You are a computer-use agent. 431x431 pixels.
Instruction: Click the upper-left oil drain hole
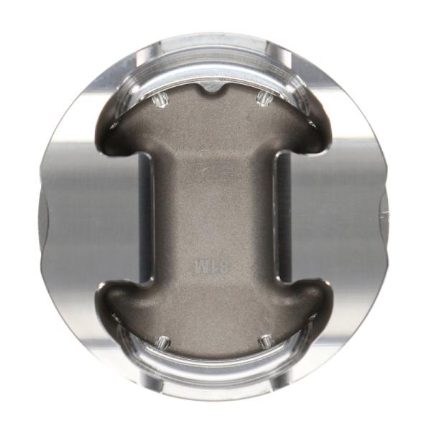click(x=161, y=98)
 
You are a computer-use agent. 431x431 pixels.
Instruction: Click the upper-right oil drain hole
click(x=264, y=98)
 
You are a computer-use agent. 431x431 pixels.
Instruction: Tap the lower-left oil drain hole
click(x=163, y=342)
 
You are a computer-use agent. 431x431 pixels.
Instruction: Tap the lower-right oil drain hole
click(x=266, y=342)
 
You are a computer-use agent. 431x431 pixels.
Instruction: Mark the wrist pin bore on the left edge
click(x=45, y=215)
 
